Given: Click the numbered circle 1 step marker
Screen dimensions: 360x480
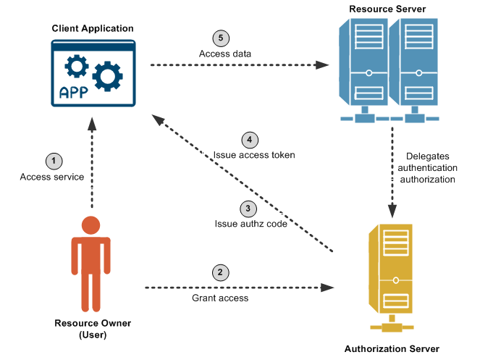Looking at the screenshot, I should click(53, 160).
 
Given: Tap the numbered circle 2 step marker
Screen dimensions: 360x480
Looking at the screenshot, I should click(220, 272).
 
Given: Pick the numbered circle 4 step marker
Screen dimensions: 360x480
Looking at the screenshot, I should click(249, 139).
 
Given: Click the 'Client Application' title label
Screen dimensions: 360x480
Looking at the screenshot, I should click(93, 28).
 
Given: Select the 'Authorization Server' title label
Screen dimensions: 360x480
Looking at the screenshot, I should click(392, 348).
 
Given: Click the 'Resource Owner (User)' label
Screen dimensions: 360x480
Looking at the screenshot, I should click(93, 328).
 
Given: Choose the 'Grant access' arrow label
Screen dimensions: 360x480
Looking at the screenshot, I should click(220, 298).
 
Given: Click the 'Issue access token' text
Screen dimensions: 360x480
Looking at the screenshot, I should click(254, 155).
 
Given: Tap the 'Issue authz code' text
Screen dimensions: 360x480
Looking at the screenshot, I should click(251, 224).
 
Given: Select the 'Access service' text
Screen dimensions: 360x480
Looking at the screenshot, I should click(51, 177).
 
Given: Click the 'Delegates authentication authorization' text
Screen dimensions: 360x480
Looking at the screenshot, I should click(430, 167).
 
